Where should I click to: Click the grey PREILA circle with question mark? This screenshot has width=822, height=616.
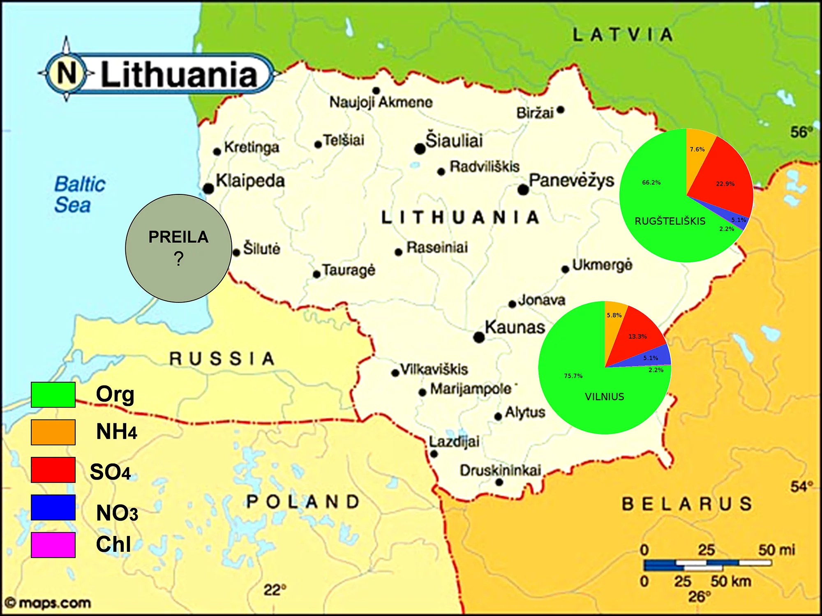coord(178,248)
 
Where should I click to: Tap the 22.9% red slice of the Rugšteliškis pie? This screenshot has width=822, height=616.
coord(723,177)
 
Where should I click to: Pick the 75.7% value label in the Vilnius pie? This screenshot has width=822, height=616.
coord(573,376)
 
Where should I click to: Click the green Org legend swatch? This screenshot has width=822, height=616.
coord(53,395)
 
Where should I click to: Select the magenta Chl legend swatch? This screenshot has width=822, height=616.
coord(53,545)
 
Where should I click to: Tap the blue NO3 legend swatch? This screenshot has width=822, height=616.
coord(53,508)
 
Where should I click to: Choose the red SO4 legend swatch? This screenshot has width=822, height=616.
coord(53,470)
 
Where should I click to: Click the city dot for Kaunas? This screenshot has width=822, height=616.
coord(479,337)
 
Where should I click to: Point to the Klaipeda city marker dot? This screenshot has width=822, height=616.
coord(208,189)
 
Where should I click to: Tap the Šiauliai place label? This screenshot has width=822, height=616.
coord(454,141)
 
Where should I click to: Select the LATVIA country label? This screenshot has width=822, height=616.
coord(623,35)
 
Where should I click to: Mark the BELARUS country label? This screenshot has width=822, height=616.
coord(686,504)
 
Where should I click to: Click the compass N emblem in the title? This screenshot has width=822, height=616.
coord(67,73)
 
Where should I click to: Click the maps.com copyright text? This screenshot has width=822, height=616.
coord(48,603)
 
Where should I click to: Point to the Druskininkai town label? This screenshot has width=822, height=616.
coord(500,471)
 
